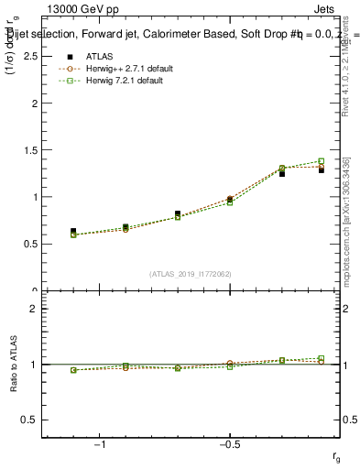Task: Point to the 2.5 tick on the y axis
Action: [x=31, y=56]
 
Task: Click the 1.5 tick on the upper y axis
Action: [x=31, y=150]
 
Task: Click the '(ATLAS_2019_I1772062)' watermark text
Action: [x=191, y=273]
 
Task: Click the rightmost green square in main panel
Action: [x=321, y=161]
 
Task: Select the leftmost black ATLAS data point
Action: [x=73, y=232]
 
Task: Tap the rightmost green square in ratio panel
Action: [x=321, y=358]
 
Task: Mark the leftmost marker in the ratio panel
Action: [x=73, y=370]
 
